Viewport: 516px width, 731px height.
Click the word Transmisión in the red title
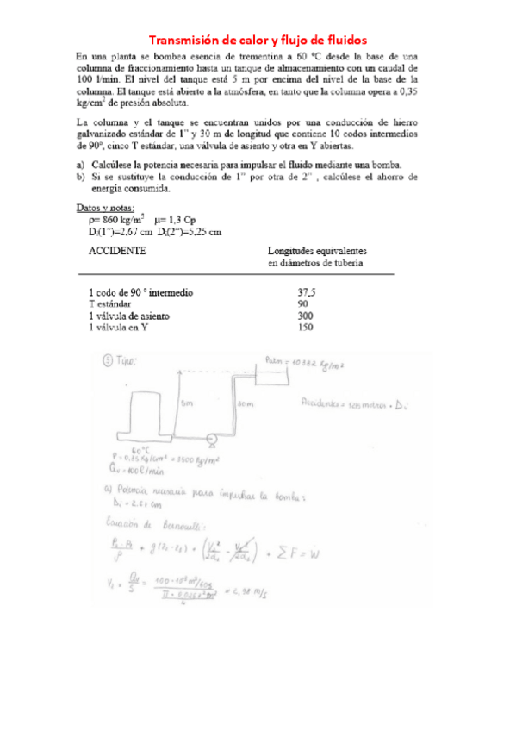tap(183, 40)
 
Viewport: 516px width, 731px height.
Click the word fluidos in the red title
tap(344, 40)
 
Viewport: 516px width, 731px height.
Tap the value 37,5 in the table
tap(306, 293)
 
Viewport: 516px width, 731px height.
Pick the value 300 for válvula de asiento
tap(303, 316)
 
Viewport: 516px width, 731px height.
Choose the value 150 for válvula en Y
tap(303, 327)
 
